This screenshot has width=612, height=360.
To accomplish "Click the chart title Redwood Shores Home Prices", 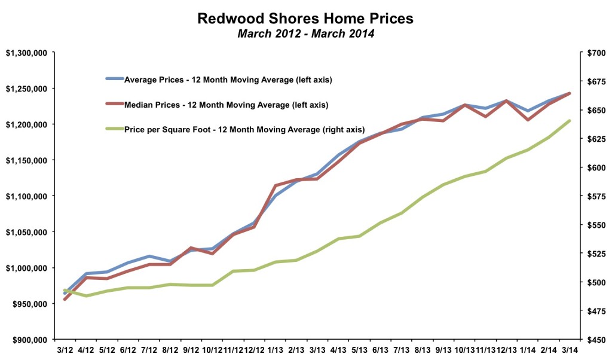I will (305, 19).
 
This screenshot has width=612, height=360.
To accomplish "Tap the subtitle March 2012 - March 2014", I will (305, 33).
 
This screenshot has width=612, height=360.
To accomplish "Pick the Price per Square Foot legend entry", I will (244, 129).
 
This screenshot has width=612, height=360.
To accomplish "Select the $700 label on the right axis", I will (595, 53).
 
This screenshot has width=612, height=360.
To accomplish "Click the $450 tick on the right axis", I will (595, 340).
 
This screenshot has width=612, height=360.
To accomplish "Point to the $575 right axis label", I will (595, 196).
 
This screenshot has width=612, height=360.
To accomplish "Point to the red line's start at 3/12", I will (65, 299).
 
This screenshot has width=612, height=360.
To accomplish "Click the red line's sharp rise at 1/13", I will (275, 185).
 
